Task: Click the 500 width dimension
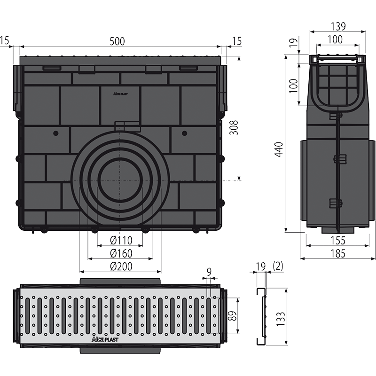click(117, 41)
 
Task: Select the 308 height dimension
click(234, 127)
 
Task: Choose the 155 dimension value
click(337, 241)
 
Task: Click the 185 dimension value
click(337, 253)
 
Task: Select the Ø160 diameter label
click(121, 254)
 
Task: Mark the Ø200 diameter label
click(121, 266)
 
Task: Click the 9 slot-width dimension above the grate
click(209, 271)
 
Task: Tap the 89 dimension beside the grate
click(232, 315)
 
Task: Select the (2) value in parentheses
click(278, 266)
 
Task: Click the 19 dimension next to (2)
click(260, 266)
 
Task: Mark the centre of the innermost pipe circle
click(121, 180)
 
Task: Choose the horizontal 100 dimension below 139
click(335, 40)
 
